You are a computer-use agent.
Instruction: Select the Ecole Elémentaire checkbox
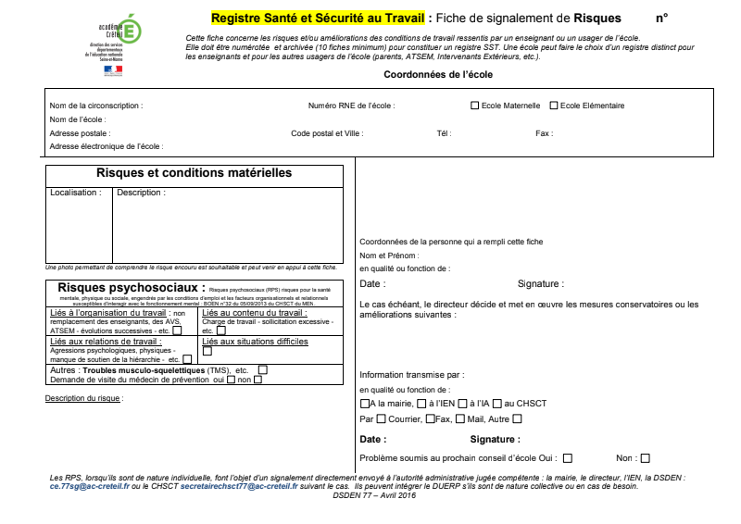coord(554,106)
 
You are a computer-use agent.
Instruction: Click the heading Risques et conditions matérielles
coord(194,173)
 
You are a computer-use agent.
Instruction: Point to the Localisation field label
coord(76,193)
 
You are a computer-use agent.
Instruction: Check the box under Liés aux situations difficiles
coord(207,351)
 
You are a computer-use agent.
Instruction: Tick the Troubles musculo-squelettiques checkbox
coord(263,370)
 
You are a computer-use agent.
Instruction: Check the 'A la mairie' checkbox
coord(364,404)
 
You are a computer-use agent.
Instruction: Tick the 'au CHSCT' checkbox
coord(496,404)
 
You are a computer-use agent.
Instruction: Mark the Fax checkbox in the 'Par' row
coord(430,419)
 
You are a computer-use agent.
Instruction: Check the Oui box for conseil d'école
coord(567,457)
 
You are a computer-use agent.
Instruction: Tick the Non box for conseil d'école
coord(645,457)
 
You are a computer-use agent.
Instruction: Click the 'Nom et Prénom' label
coord(389,255)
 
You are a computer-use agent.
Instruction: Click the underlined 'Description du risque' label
coord(83,398)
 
